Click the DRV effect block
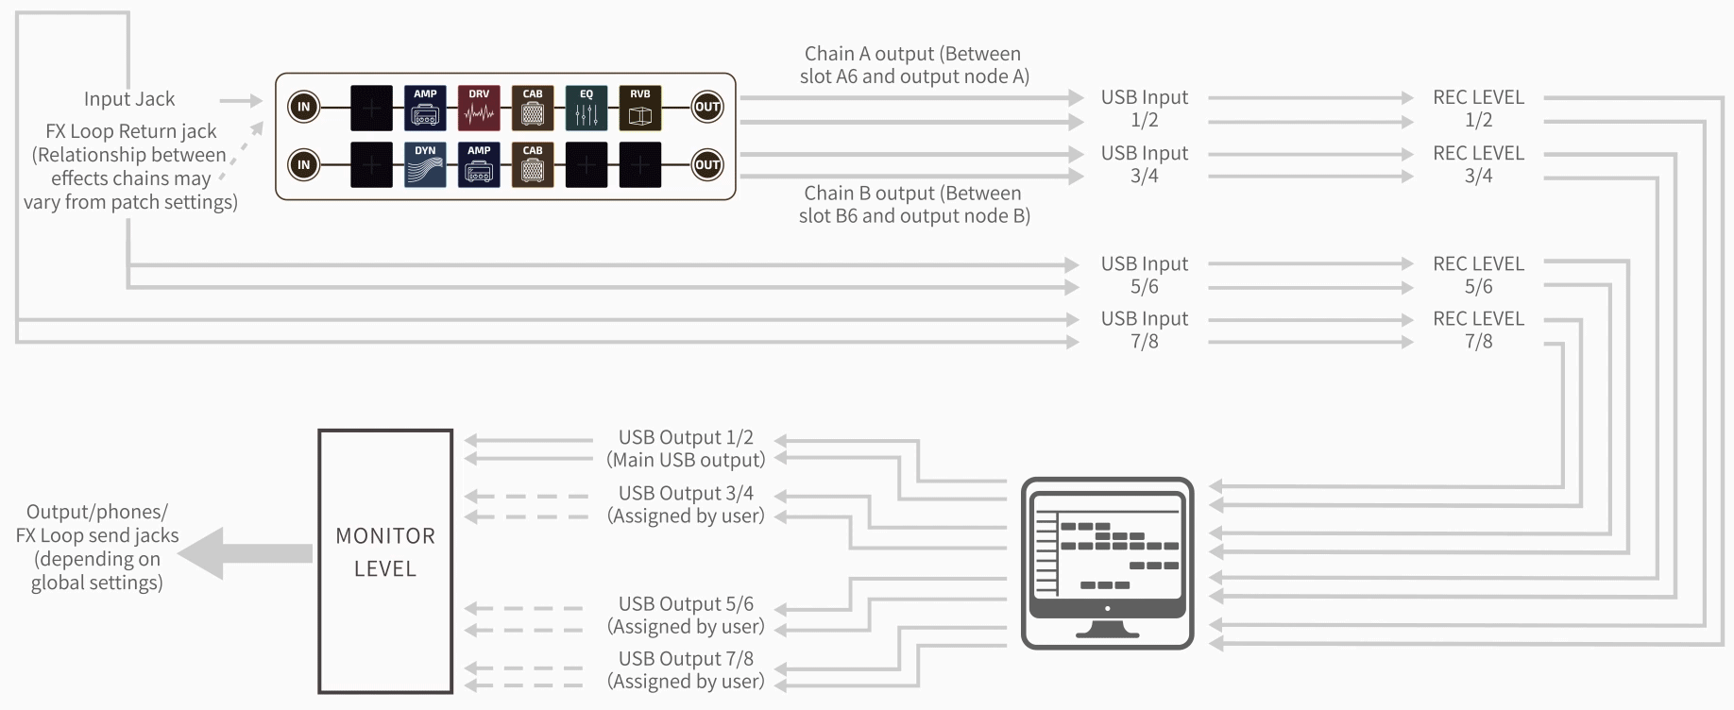pyautogui.click(x=479, y=108)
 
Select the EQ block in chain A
pyautogui.click(x=586, y=108)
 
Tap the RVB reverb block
pyautogui.click(x=640, y=108)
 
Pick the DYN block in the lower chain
pyautogui.click(x=425, y=165)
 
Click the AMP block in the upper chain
pyautogui.click(x=425, y=108)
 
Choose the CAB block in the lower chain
pyautogui.click(x=533, y=165)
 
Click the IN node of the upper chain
pyautogui.click(x=304, y=107)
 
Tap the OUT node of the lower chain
pyautogui.click(x=707, y=165)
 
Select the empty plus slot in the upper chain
pyautogui.click(x=371, y=108)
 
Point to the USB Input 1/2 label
pyautogui.click(x=1144, y=109)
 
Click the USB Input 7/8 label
pyautogui.click(x=1144, y=330)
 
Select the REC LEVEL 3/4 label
pyautogui.click(x=1478, y=164)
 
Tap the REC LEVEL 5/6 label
pyautogui.click(x=1478, y=275)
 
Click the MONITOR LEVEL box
pyautogui.click(x=385, y=561)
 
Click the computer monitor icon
pyautogui.click(x=1107, y=563)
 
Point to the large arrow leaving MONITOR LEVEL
pyautogui.click(x=246, y=553)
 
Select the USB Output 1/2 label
pyautogui.click(x=686, y=448)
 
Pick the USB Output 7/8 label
pyautogui.click(x=686, y=669)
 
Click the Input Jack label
pyautogui.click(x=129, y=99)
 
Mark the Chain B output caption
pyautogui.click(x=914, y=205)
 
